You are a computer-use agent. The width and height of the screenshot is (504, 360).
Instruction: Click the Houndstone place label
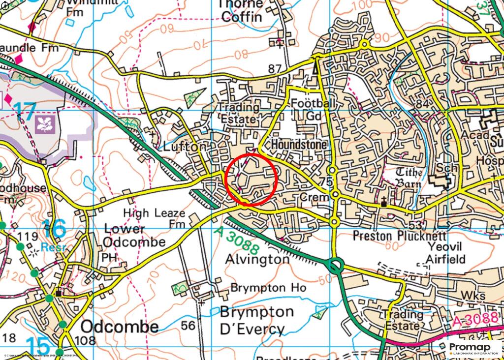pos(299,145)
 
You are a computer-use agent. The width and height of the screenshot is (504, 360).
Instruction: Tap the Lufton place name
pos(184,147)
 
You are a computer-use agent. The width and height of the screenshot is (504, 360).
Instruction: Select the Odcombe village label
pos(120,327)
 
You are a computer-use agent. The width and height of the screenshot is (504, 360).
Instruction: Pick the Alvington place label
pos(257,259)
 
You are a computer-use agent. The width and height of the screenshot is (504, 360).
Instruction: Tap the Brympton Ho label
pos(268,288)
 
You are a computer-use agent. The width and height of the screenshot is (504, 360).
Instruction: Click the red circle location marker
pos(252,179)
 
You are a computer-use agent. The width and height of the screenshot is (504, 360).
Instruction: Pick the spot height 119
pos(27,237)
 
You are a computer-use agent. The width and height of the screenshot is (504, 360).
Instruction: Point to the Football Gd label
pos(314,110)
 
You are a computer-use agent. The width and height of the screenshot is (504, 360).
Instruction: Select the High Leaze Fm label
pos(155,218)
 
